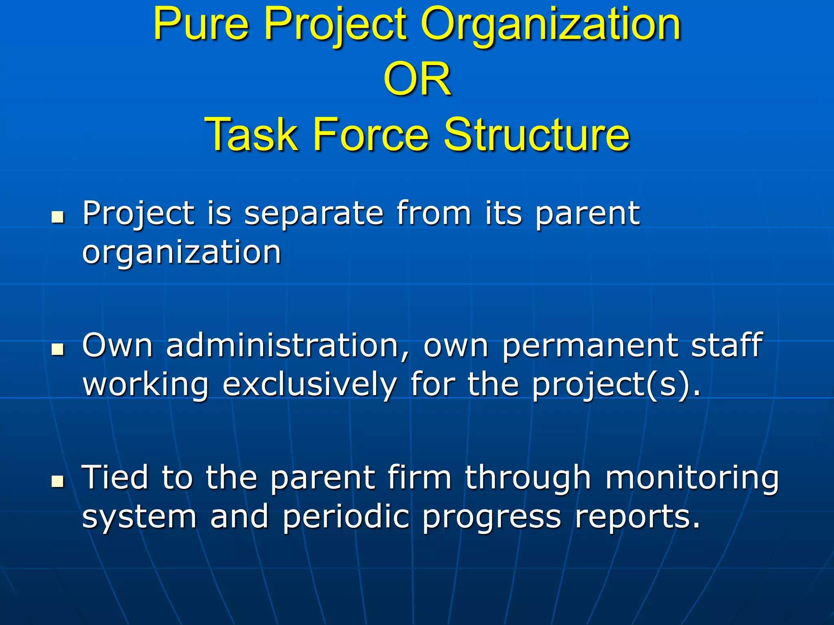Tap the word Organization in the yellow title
[x=551, y=25]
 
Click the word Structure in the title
[x=537, y=134]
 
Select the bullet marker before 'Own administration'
[x=58, y=350]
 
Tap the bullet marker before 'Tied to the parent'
[x=58, y=481]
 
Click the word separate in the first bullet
[x=314, y=214]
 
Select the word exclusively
[x=309, y=385]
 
